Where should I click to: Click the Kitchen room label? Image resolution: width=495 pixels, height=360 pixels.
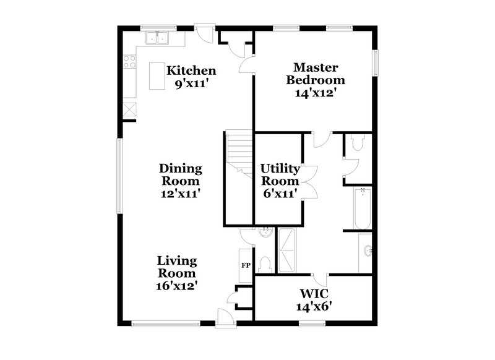click(191, 71)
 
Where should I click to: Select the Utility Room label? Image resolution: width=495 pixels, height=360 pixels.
click(280, 174)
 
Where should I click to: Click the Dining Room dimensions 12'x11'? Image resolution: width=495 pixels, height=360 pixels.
click(180, 193)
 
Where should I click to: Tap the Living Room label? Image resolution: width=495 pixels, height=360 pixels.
click(176, 266)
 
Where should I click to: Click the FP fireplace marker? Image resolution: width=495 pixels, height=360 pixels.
click(245, 265)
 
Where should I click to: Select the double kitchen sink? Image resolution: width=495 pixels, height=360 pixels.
click(158, 38)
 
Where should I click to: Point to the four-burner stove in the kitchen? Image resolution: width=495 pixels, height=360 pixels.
click(129, 61)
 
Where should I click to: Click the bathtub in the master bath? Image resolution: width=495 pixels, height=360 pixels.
click(363, 207)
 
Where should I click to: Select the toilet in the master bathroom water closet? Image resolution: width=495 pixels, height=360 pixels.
click(357, 144)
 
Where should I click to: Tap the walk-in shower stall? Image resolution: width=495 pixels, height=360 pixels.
click(288, 250)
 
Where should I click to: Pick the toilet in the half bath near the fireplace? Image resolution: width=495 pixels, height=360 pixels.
click(265, 264)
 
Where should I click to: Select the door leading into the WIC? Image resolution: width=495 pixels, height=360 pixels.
click(319, 279)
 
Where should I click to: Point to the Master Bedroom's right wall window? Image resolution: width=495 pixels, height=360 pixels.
click(374, 64)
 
